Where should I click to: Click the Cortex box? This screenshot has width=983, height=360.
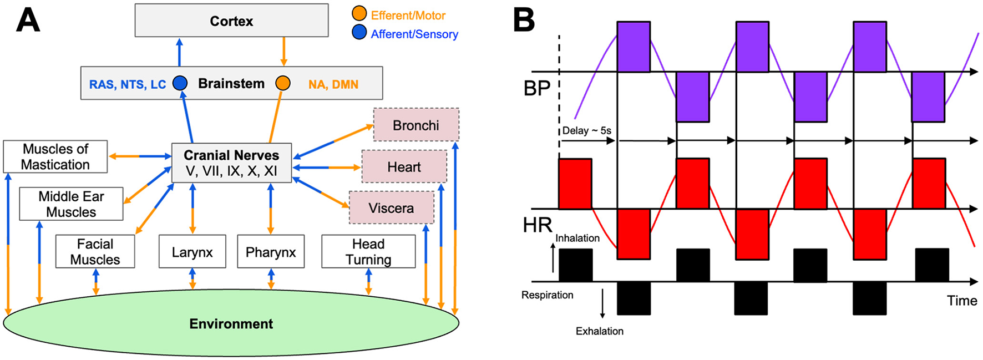(x=231, y=21)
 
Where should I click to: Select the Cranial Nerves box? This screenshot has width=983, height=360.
(x=231, y=163)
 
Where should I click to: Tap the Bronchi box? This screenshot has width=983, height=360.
(x=416, y=125)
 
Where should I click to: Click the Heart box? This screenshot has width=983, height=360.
(x=404, y=166)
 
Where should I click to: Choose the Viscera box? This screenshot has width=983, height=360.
(x=391, y=208)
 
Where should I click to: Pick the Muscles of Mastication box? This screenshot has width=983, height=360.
(x=55, y=156)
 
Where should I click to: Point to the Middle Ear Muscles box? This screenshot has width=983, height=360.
(x=71, y=204)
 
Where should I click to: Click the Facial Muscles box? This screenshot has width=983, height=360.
(x=95, y=251)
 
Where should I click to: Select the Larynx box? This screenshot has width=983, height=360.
(x=192, y=252)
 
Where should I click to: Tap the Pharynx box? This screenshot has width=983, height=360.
(x=271, y=252)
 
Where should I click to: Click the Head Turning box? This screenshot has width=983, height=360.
(x=368, y=251)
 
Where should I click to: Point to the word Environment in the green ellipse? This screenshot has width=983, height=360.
(x=231, y=324)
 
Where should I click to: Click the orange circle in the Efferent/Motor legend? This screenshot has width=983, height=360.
(x=359, y=14)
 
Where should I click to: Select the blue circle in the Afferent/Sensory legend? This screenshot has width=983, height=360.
(x=359, y=33)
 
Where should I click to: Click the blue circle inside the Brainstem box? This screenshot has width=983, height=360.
(x=180, y=83)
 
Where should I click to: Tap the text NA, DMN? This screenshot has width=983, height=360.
(x=333, y=84)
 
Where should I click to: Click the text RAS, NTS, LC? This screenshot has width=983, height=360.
(x=128, y=84)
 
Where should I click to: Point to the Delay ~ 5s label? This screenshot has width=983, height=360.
(x=586, y=131)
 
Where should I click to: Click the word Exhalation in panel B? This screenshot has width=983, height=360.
(x=599, y=331)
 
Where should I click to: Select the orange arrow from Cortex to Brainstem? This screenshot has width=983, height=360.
(x=284, y=52)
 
